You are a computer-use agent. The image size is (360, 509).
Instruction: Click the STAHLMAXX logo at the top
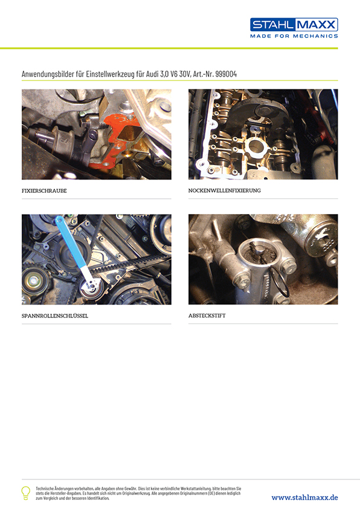(x=294, y=25)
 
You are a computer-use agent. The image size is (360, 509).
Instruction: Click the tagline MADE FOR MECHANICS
(x=294, y=36)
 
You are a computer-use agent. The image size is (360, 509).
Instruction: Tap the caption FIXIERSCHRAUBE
(x=44, y=190)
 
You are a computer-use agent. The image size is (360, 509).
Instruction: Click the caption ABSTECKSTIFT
(x=207, y=316)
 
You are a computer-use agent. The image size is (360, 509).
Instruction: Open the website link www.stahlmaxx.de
(x=304, y=497)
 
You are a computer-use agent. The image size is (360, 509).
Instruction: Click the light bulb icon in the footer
(x=26, y=492)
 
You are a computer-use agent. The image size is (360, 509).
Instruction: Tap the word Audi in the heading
(x=163, y=74)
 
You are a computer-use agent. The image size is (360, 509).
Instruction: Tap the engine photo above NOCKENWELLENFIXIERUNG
(x=263, y=134)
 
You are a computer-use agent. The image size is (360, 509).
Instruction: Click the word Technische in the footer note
(x=48, y=487)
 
